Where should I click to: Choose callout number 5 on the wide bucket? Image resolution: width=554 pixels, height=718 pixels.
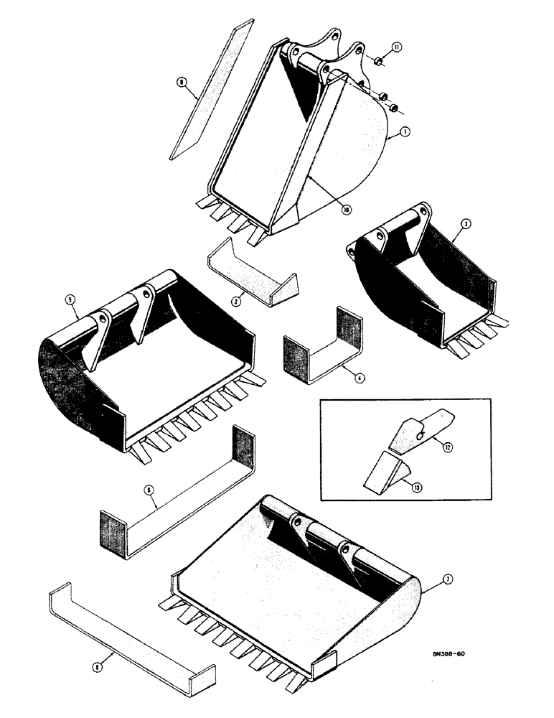pyautogui.click(x=72, y=312)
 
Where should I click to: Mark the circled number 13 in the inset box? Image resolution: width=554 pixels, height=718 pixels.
pyautogui.click(x=417, y=486)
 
